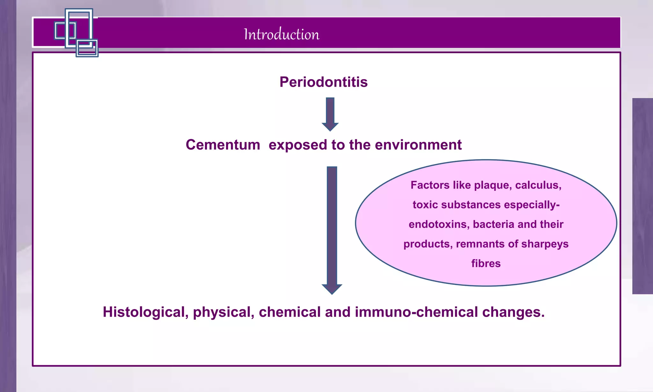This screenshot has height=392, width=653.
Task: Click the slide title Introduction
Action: pyautogui.click(x=281, y=34)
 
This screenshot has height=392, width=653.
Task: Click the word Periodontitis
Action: pyautogui.click(x=323, y=82)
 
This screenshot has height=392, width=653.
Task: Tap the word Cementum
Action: pyautogui.click(x=223, y=145)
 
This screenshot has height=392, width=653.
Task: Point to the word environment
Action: pyautogui.click(x=418, y=145)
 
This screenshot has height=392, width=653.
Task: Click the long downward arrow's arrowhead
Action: pyautogui.click(x=332, y=288)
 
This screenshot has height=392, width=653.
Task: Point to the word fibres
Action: pyautogui.click(x=486, y=263)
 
